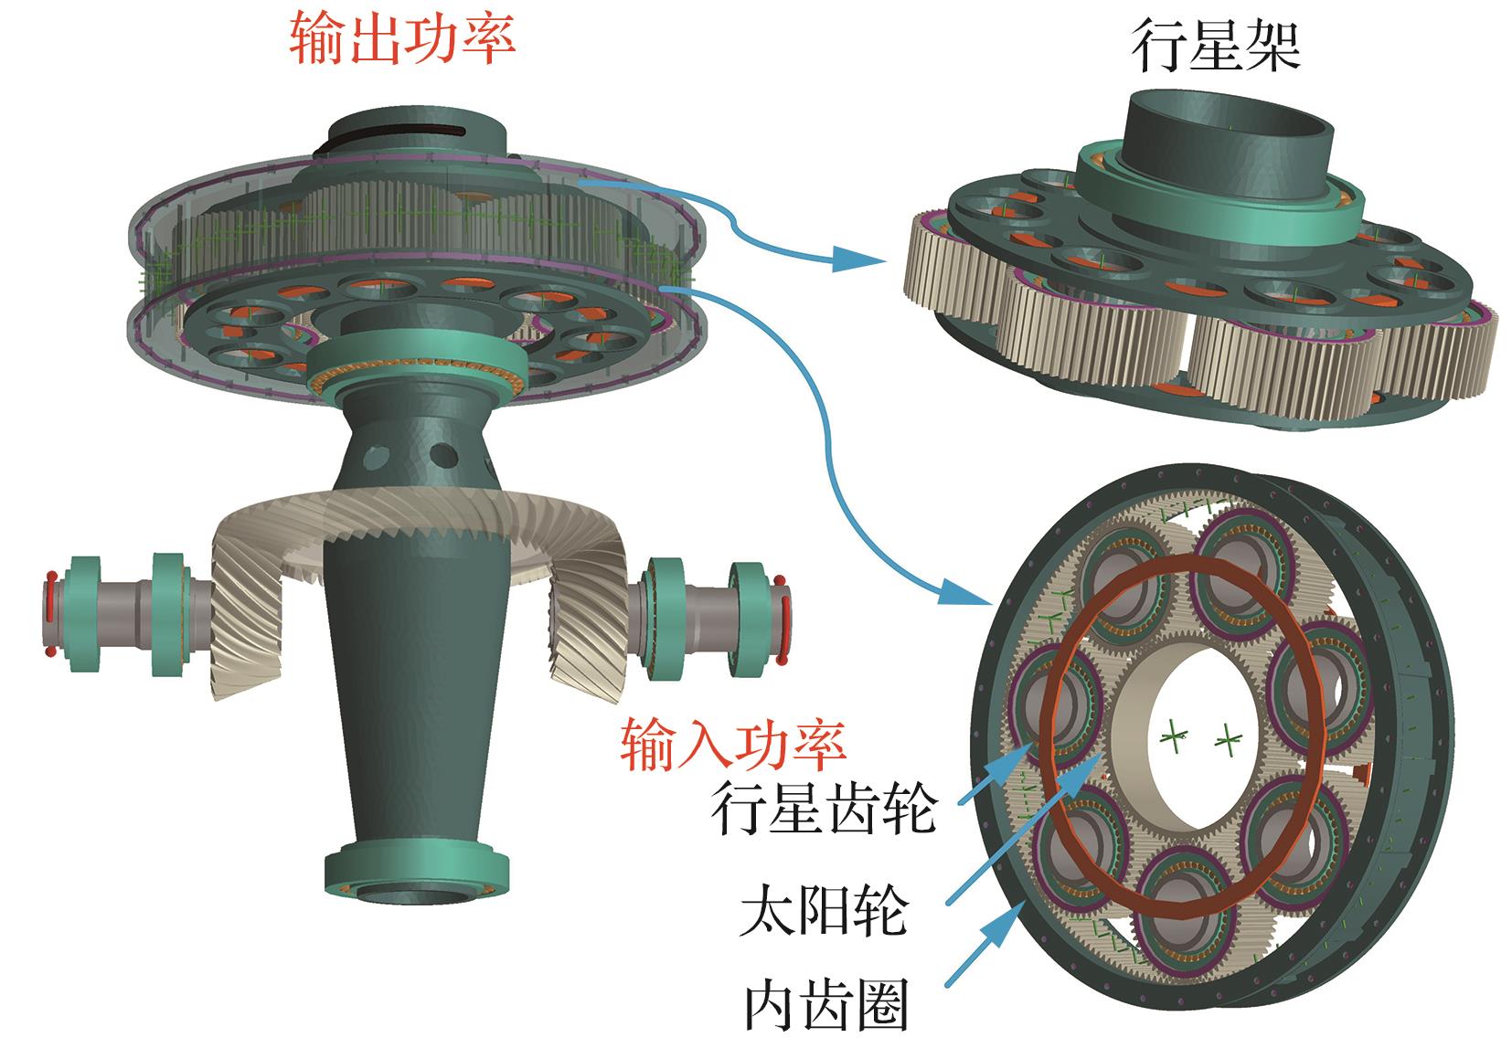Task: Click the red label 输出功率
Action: (x=402, y=39)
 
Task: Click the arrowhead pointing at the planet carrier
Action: (x=868, y=262)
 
